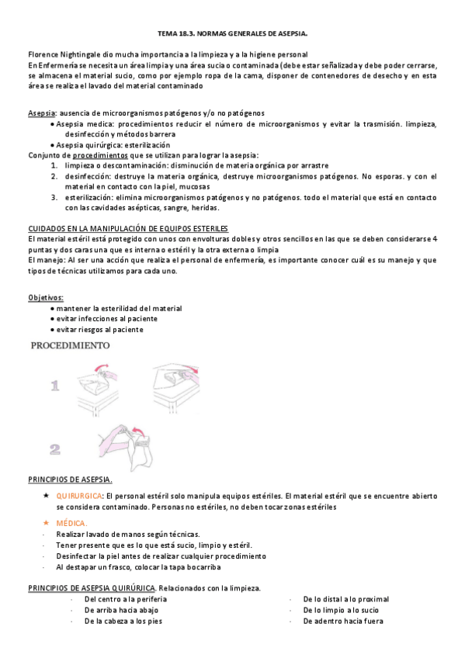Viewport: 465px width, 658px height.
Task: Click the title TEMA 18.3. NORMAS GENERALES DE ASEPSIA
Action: [x=232, y=34]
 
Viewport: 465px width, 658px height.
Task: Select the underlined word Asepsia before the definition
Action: [x=41, y=113]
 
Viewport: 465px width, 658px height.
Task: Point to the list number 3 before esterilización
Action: [x=55, y=197]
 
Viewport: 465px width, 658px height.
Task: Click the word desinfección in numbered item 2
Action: [x=88, y=176]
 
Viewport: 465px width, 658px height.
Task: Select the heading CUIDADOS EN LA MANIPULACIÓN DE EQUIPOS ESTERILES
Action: [x=127, y=228]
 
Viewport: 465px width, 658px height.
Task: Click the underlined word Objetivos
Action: [x=46, y=297]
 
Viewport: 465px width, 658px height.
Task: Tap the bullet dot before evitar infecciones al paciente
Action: [x=51, y=319]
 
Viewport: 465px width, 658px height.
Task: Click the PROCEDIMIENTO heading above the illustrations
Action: [x=70, y=346]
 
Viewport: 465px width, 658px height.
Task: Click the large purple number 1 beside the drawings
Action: [x=55, y=386]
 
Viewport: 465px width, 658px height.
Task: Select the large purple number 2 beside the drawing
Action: [x=55, y=448]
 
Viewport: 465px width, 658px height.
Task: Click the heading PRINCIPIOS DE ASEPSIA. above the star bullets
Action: [x=70, y=479]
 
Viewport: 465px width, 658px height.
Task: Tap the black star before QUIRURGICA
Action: [x=47, y=495]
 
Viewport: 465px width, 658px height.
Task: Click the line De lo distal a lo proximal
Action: [x=345, y=599]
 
